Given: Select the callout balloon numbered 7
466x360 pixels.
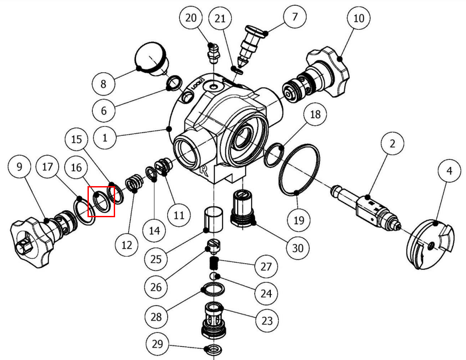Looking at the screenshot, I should [x=294, y=17].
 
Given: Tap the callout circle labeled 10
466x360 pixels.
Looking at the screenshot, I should [x=358, y=18].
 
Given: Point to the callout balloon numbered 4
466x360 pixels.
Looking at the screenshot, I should [x=449, y=172].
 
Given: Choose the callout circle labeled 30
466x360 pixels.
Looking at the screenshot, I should [x=298, y=248].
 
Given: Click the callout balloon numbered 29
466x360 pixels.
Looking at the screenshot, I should [x=157, y=344].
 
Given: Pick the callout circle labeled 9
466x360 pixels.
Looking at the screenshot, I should [x=19, y=167].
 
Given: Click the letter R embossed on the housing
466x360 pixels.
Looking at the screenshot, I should [x=203, y=170].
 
